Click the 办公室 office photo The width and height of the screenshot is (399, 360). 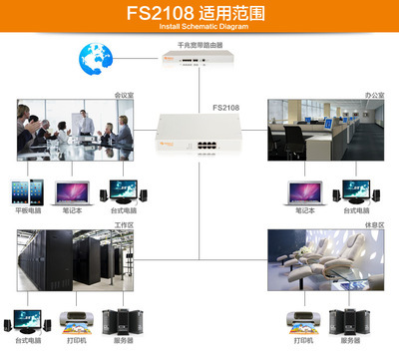click(324, 131)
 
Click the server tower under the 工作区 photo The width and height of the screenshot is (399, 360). click(122, 321)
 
